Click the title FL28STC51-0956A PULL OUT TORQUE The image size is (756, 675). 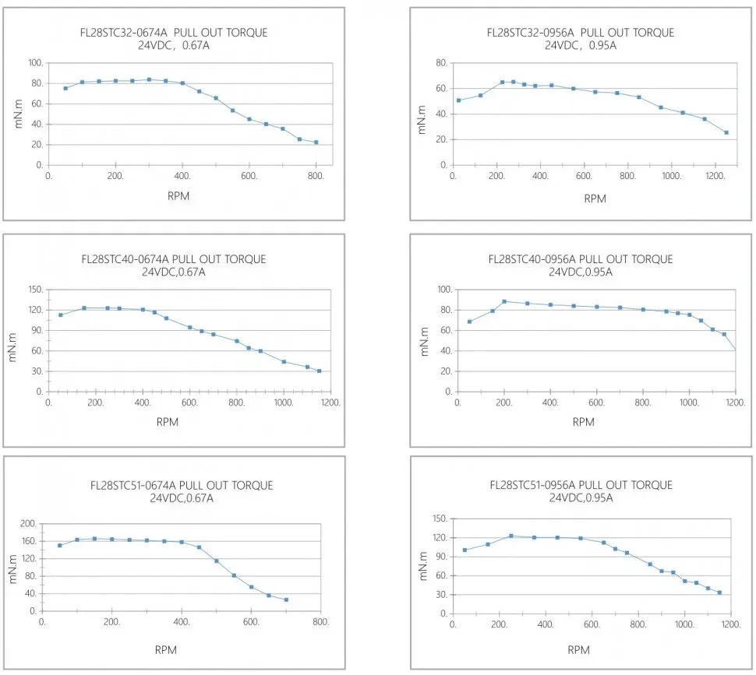pos(581,485)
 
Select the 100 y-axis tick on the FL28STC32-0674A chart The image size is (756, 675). pos(36,63)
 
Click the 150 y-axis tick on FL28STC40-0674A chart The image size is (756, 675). pos(35,290)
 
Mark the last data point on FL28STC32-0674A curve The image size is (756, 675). pos(316,142)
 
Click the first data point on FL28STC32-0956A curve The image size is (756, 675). pos(458,100)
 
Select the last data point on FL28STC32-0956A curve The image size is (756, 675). pos(726,132)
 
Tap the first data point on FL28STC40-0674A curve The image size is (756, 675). pos(60,315)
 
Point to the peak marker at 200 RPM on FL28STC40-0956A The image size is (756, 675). pos(504,301)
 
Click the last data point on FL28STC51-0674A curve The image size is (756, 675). pos(286,599)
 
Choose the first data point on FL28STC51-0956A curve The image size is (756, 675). pos(465,550)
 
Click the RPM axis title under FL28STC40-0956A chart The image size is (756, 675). pos(584,422)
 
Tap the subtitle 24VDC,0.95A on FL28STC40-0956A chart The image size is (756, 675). pos(581,272)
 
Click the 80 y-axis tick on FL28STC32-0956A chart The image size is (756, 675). pos(441,63)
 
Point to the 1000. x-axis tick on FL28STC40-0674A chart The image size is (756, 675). pos(284,403)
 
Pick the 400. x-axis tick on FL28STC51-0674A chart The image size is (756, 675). pos(182,623)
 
